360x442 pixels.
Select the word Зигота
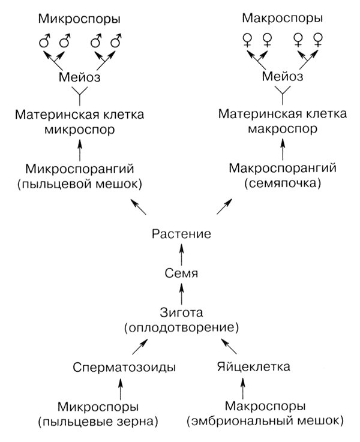click(x=181, y=312)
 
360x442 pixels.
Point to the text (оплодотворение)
click(x=181, y=327)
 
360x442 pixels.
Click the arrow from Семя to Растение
click(x=181, y=254)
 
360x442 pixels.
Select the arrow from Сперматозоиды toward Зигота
click(x=139, y=346)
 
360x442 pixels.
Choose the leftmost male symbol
click(x=44, y=43)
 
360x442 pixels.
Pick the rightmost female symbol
click(x=319, y=40)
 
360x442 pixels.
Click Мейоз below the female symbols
click(x=283, y=77)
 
